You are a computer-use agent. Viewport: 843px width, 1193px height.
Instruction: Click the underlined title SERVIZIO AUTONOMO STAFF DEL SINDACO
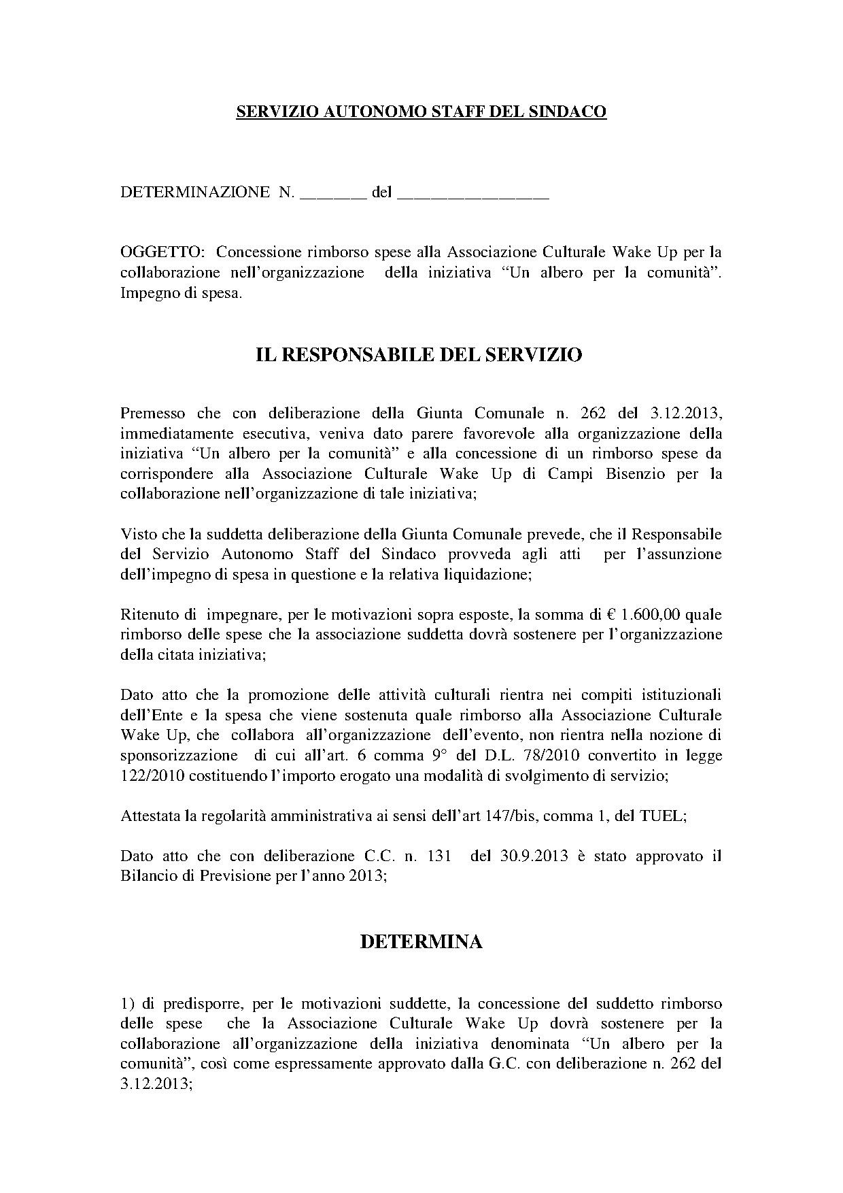tap(421, 112)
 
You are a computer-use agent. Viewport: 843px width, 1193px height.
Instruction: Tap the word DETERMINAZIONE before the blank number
tap(194, 192)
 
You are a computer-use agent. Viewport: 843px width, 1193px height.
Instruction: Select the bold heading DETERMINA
tap(421, 942)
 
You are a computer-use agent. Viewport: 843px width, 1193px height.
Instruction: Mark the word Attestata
tap(150, 816)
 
